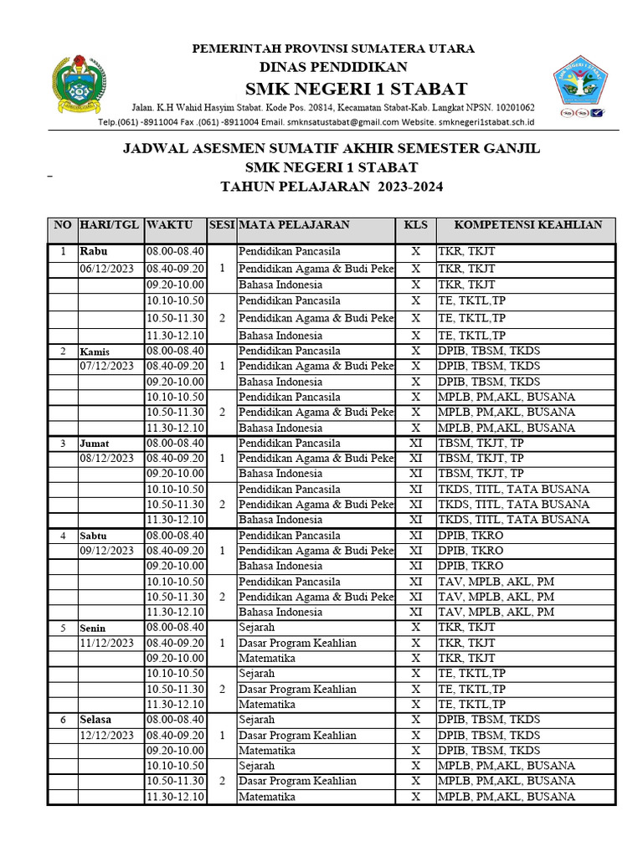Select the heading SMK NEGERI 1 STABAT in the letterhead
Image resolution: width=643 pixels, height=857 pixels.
pos(356,90)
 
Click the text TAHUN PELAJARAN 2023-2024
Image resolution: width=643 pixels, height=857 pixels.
pos(332,187)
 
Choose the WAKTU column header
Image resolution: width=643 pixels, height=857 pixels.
pos(169,225)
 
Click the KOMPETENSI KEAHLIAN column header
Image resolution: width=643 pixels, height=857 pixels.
pos(527,225)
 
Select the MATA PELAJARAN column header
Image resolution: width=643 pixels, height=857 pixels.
pos(294,225)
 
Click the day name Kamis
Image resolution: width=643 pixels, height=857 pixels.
pos(94,352)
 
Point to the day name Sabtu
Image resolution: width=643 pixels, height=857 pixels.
pos(94,536)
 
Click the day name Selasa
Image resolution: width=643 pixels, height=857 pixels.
pos(96,720)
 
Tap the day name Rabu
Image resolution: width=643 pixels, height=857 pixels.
pos(94,251)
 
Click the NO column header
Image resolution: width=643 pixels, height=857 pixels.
pos(63,225)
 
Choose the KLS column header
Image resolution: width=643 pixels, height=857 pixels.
pos(415,225)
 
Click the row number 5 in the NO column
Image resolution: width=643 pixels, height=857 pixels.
pos(62,628)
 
